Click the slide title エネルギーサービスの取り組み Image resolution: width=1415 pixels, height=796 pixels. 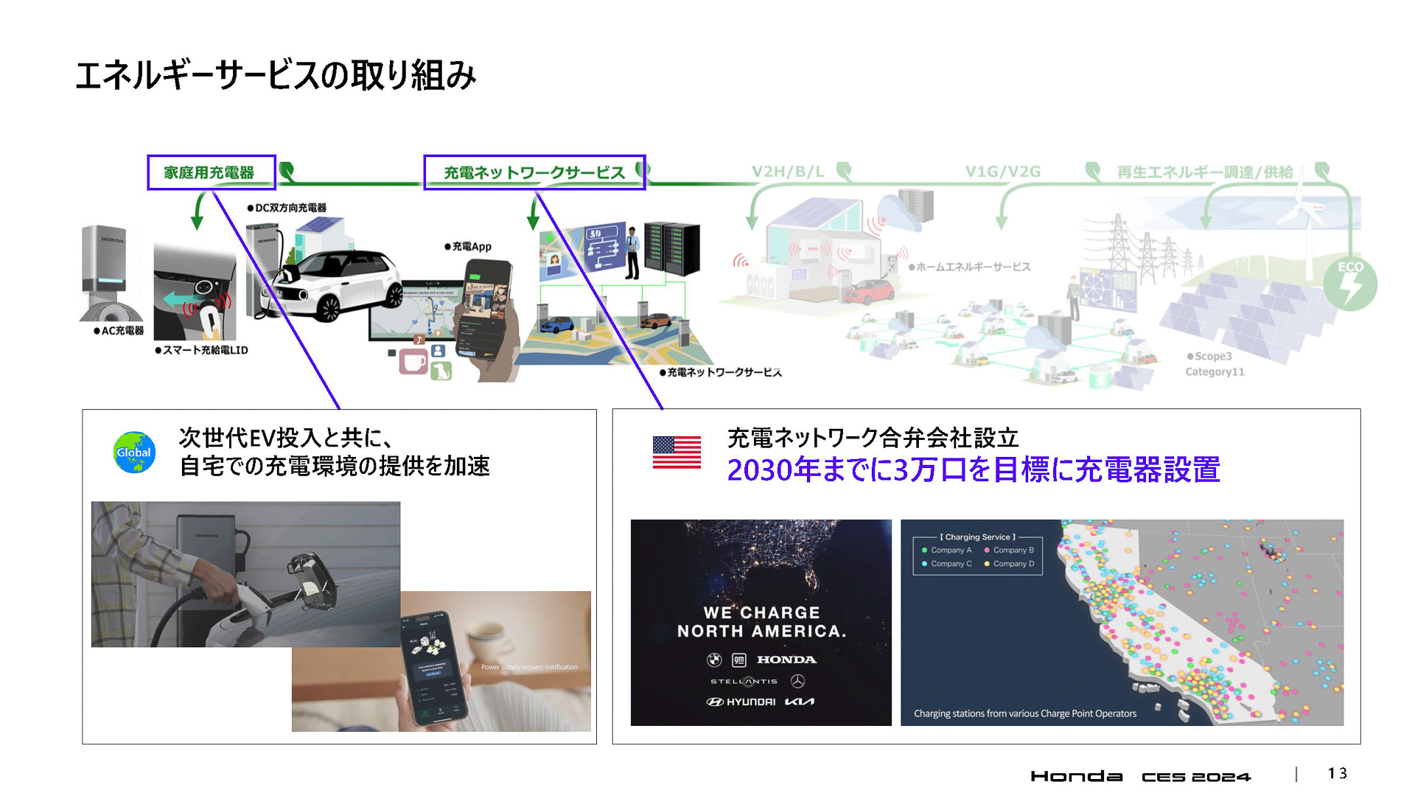click(276, 76)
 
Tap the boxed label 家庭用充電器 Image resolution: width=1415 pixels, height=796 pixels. click(211, 172)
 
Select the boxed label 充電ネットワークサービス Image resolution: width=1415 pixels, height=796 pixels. click(534, 172)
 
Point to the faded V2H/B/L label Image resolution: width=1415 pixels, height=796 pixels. click(788, 172)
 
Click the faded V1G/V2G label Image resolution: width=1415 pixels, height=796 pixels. click(1002, 172)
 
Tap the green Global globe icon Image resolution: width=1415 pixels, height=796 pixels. click(134, 452)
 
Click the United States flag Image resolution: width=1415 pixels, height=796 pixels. click(677, 452)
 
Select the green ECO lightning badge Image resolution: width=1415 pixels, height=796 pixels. click(1350, 284)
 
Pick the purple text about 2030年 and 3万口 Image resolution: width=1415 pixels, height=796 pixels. click(973, 470)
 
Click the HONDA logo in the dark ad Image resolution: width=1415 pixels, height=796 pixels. click(786, 660)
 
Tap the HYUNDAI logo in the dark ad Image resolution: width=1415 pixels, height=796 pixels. click(741, 702)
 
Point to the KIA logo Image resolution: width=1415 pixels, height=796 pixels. click(800, 702)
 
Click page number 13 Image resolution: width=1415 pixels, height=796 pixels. click(1337, 773)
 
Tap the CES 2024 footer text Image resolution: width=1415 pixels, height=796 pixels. click(1195, 776)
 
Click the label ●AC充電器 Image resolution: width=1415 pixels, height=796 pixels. click(119, 331)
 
